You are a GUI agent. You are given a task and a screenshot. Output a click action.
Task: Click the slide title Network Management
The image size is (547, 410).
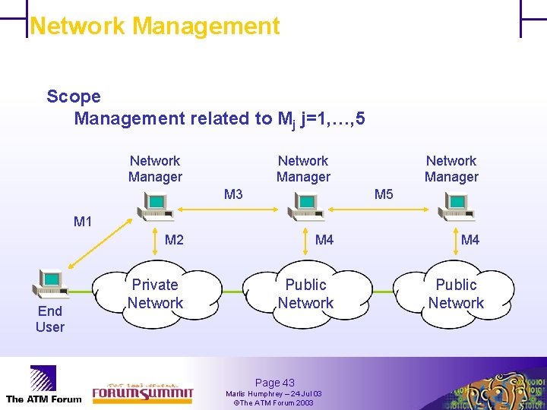pyautogui.click(x=154, y=26)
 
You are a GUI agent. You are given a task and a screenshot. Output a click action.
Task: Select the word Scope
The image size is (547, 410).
pyautogui.click(x=74, y=96)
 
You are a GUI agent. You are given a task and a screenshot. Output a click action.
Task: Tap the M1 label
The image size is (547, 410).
pyautogui.click(x=83, y=222)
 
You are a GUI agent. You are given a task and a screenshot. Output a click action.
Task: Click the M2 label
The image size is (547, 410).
pyautogui.click(x=174, y=240)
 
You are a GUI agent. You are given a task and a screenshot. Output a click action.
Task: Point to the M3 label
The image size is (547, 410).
pyautogui.click(x=233, y=194)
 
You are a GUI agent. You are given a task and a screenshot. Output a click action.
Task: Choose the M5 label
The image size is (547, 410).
pyautogui.click(x=384, y=194)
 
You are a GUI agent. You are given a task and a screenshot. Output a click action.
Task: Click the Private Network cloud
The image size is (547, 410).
pyautogui.click(x=155, y=294)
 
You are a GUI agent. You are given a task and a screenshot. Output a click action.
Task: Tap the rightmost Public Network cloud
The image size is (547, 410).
pyautogui.click(x=456, y=294)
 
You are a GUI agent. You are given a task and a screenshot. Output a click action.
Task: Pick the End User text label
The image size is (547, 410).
pyautogui.click(x=49, y=319)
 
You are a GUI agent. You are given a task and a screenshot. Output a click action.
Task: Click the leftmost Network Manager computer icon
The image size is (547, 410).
pyautogui.click(x=155, y=203)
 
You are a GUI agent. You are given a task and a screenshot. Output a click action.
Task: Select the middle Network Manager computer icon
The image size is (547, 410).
pyautogui.click(x=304, y=203)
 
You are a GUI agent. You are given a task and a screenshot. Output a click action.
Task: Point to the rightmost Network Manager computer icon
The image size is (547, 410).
pyautogui.click(x=454, y=203)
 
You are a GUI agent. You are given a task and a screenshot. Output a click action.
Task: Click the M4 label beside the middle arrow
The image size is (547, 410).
pyautogui.click(x=324, y=240)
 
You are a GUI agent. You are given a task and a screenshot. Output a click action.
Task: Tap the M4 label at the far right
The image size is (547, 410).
pyautogui.click(x=470, y=240)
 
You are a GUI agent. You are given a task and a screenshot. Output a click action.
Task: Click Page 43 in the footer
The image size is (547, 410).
pyautogui.click(x=274, y=383)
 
